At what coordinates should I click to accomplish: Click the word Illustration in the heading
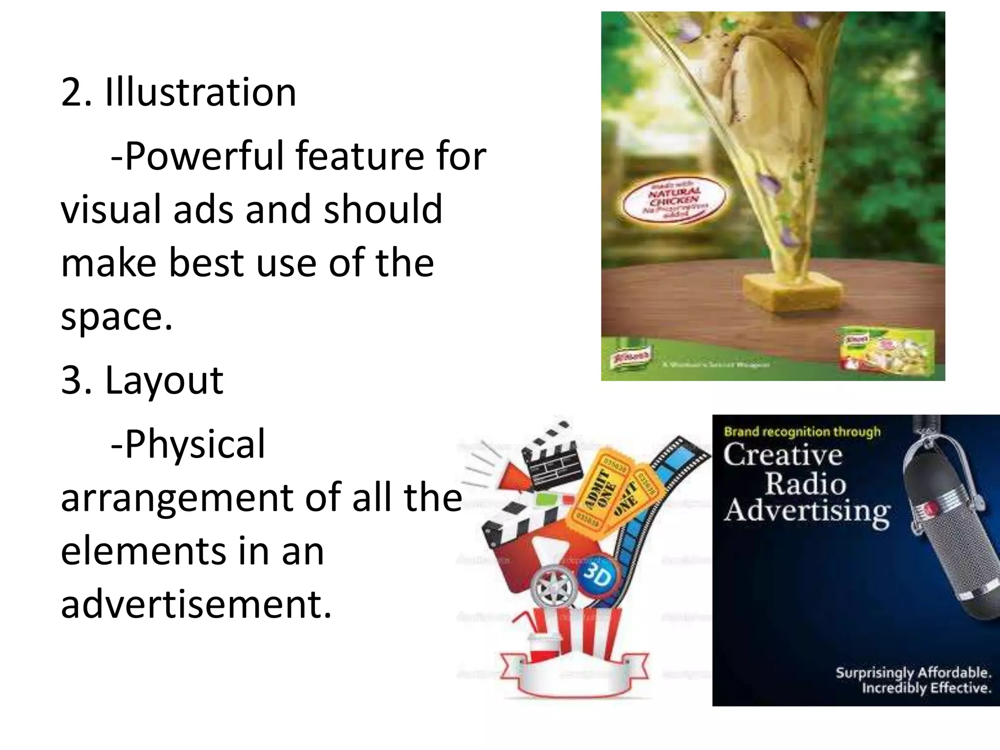click(x=201, y=92)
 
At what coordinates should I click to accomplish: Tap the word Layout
click(x=164, y=380)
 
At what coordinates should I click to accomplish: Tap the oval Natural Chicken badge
click(x=674, y=201)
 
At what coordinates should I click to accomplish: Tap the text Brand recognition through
click(x=802, y=432)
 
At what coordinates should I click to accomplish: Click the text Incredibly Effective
click(x=926, y=688)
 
